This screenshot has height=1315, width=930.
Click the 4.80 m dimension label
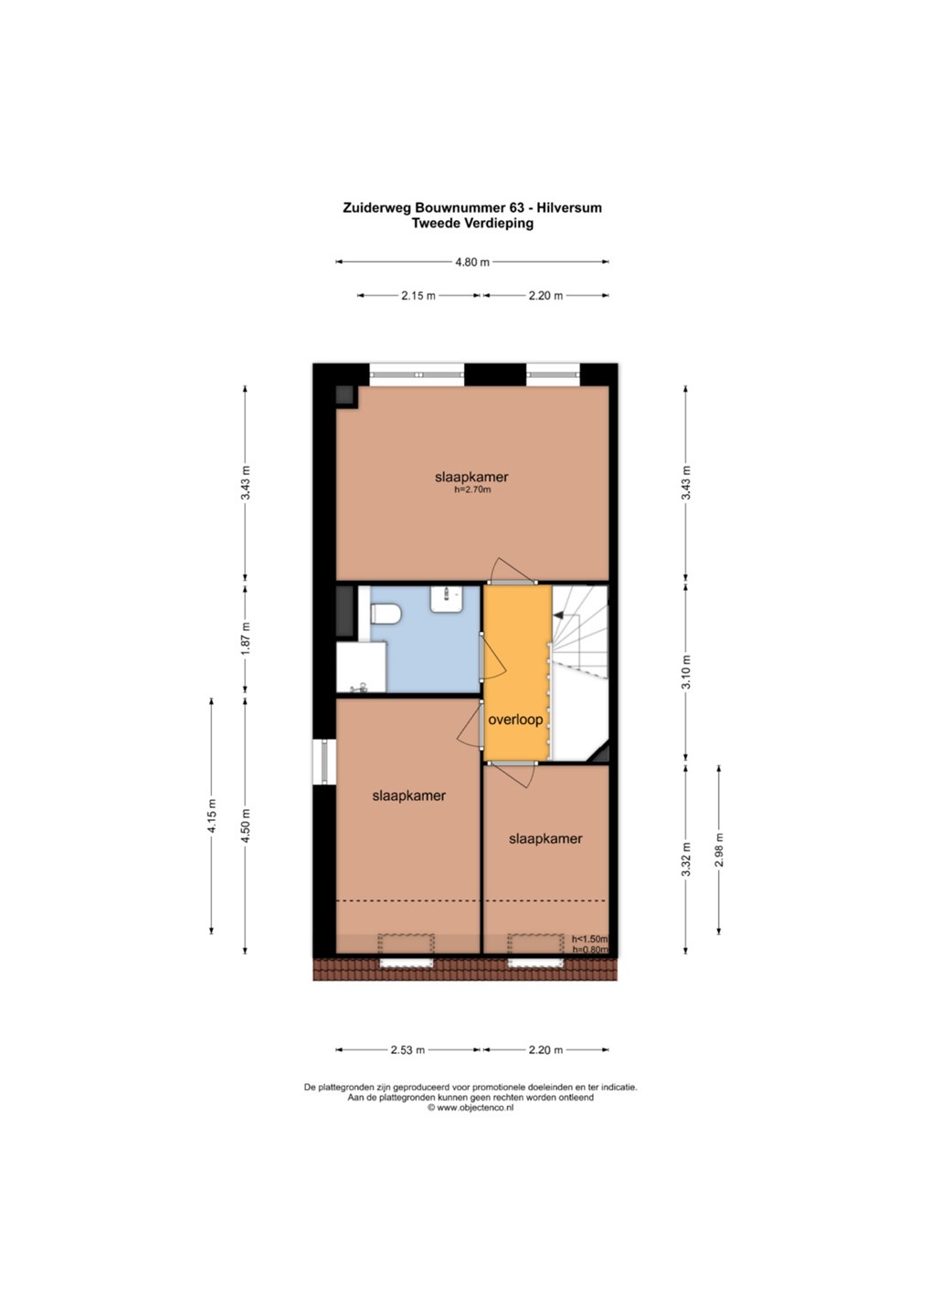pyautogui.click(x=472, y=262)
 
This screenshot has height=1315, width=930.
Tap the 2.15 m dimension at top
pyautogui.click(x=418, y=296)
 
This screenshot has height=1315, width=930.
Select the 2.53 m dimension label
pyautogui.click(x=407, y=1049)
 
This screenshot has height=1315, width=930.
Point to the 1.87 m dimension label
pyautogui.click(x=246, y=638)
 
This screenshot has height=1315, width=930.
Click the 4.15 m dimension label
pyautogui.click(x=213, y=815)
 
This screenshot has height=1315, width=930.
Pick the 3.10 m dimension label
pyautogui.click(x=686, y=671)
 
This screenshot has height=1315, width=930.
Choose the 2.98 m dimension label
pyautogui.click(x=720, y=849)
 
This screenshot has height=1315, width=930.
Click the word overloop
pyautogui.click(x=515, y=720)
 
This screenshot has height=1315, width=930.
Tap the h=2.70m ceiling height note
pyautogui.click(x=472, y=489)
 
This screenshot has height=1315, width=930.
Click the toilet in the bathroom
pyautogui.click(x=386, y=614)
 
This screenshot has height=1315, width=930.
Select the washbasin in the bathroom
pyautogui.click(x=447, y=598)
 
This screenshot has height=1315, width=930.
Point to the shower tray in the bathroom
pyautogui.click(x=361, y=668)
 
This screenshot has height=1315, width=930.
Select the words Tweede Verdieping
pyautogui.click(x=472, y=223)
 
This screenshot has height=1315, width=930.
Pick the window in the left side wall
pyautogui.click(x=324, y=762)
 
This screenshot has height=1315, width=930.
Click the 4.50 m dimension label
pyautogui.click(x=246, y=825)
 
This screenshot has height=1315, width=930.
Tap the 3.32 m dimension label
pyautogui.click(x=686, y=858)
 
